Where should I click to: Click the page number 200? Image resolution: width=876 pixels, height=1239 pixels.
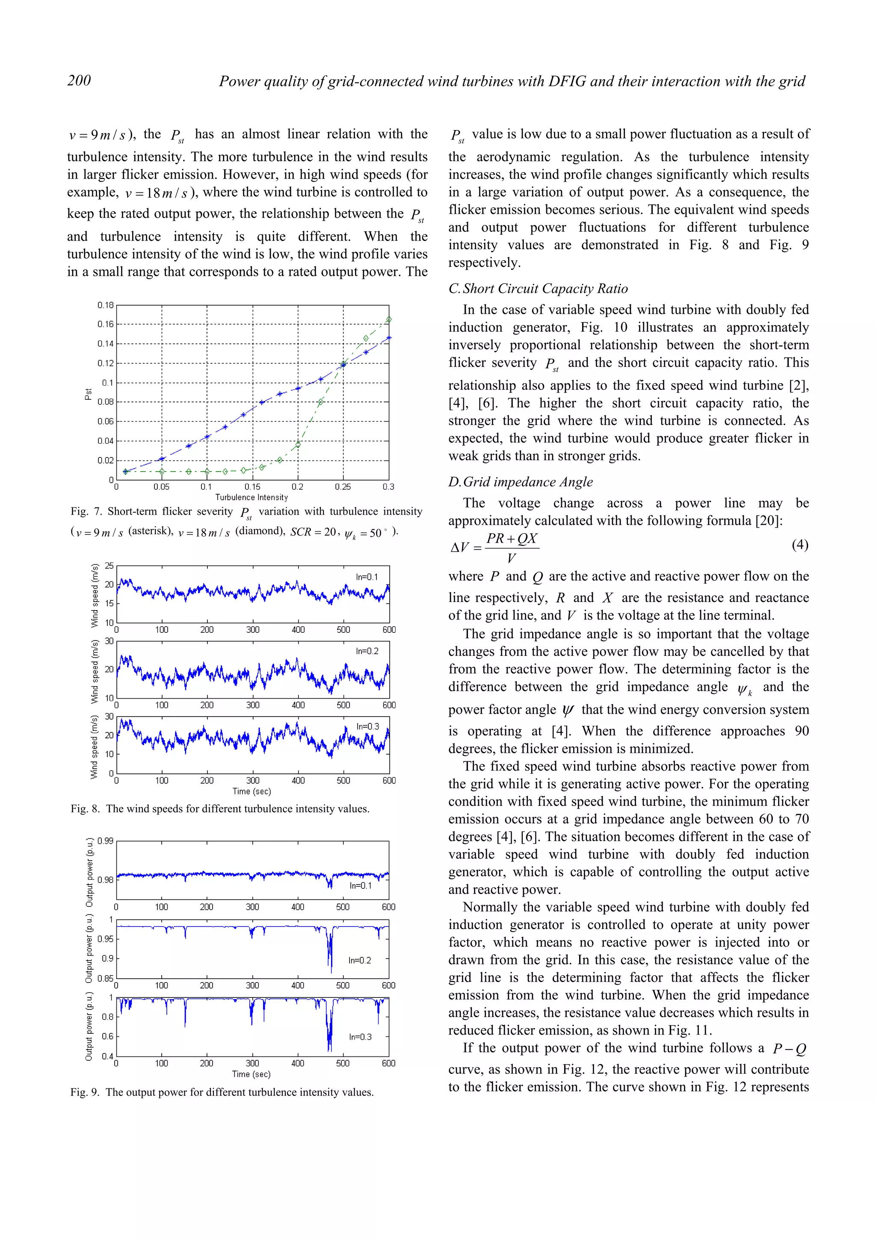click(79, 80)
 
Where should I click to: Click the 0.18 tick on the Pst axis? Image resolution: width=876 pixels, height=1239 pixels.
click(105, 305)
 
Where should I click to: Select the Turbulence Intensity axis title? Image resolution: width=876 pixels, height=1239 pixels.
click(252, 497)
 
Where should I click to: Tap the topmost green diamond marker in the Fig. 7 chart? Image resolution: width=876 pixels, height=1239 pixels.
click(389, 319)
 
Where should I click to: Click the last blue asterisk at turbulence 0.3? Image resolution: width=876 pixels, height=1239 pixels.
click(389, 338)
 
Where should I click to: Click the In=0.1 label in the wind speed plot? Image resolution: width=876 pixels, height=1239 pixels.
click(367, 577)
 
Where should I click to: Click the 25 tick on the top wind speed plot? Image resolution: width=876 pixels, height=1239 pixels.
click(109, 566)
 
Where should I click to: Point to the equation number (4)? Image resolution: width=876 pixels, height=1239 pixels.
click(800, 545)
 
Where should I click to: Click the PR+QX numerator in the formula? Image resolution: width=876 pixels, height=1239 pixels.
click(512, 539)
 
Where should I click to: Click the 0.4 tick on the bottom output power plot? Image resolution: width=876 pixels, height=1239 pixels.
click(107, 1056)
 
